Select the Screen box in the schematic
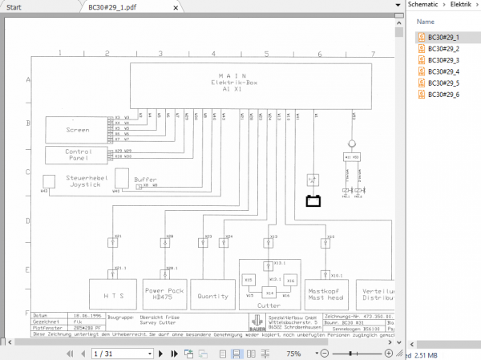tap(78, 128)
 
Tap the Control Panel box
tap(78, 154)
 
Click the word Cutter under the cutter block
tap(268, 305)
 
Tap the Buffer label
tap(146, 180)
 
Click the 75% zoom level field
tap(293, 353)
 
